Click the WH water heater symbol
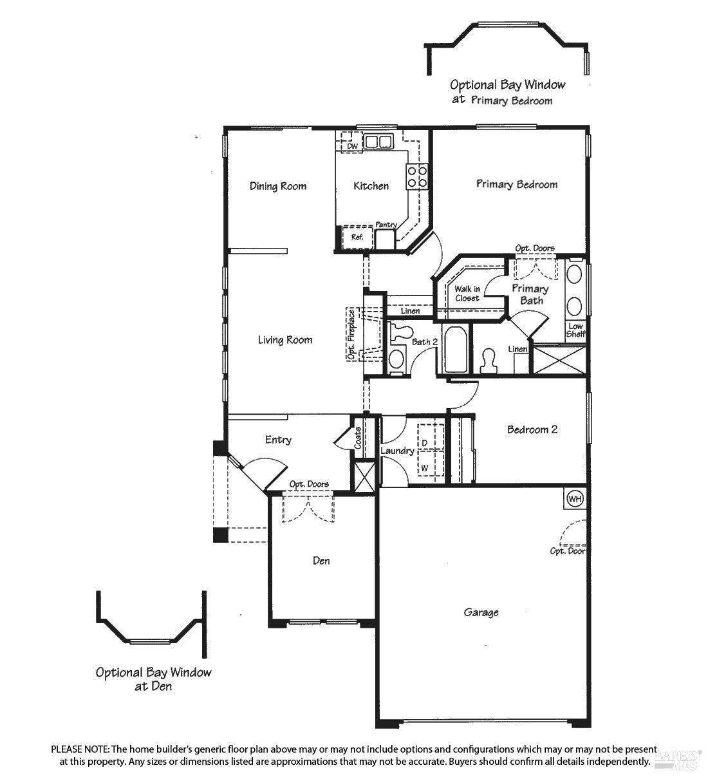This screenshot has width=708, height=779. (x=575, y=498)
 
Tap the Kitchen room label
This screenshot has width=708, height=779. (x=371, y=186)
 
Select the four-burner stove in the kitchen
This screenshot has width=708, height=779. (x=416, y=176)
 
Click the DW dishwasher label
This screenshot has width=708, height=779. (x=352, y=146)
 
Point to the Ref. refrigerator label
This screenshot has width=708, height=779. (x=357, y=237)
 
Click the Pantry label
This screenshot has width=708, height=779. (x=386, y=225)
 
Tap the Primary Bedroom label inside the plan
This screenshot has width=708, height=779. (x=517, y=184)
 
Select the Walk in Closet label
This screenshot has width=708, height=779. (x=467, y=294)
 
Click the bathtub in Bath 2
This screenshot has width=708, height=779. (x=455, y=349)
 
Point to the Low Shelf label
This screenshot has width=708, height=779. (x=575, y=330)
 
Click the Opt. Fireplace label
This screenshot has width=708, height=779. (x=351, y=334)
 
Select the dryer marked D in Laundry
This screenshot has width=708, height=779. (x=431, y=437)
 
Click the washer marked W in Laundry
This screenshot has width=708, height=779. (x=431, y=463)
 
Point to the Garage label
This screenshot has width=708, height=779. (x=481, y=612)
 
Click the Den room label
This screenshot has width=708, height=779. (x=321, y=560)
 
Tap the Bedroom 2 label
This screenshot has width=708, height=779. (x=532, y=429)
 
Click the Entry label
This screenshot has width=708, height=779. (x=278, y=440)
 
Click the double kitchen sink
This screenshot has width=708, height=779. (x=378, y=142)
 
